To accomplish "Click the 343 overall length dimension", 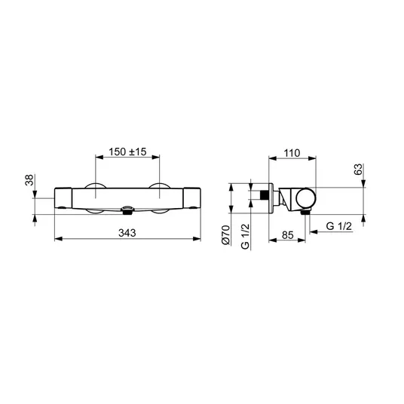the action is [x=127, y=233].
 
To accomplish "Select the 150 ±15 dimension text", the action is [x=127, y=151].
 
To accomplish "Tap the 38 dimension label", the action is [x=29, y=180].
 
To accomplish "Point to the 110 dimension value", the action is [x=292, y=153].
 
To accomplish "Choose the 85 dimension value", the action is [x=287, y=235].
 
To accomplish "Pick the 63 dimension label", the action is [x=358, y=170].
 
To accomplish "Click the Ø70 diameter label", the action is [x=225, y=234].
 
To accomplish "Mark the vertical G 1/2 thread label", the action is [x=245, y=236].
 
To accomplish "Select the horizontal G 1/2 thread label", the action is [x=339, y=226].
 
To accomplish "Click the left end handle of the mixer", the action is [x=63, y=198].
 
